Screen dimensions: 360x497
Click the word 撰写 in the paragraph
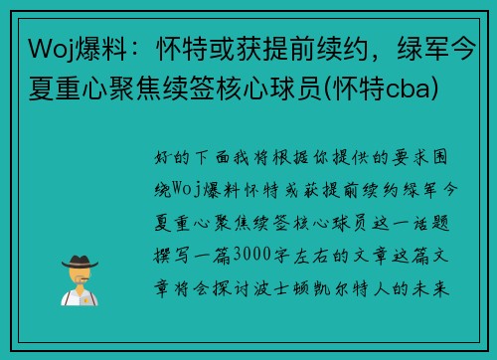tap(171, 245)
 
